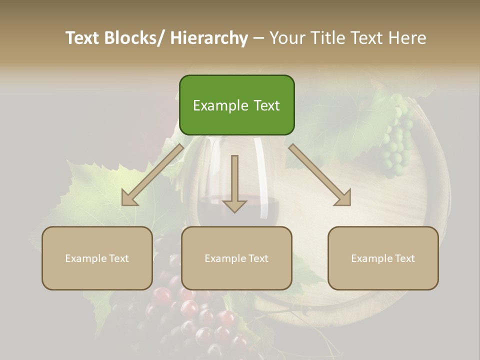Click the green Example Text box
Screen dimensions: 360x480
[236, 105]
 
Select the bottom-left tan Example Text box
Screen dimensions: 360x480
[97, 258]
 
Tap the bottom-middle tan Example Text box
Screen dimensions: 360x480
[236, 258]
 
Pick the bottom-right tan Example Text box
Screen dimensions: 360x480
[383, 258]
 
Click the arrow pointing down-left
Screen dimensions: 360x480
[152, 175]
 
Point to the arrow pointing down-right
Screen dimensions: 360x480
[320, 175]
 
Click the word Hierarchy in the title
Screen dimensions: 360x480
[208, 38]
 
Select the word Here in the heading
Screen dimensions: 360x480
[407, 38]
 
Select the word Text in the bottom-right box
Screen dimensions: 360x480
[404, 258]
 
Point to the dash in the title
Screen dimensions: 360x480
[258, 38]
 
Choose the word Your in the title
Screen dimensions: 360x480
[286, 38]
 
